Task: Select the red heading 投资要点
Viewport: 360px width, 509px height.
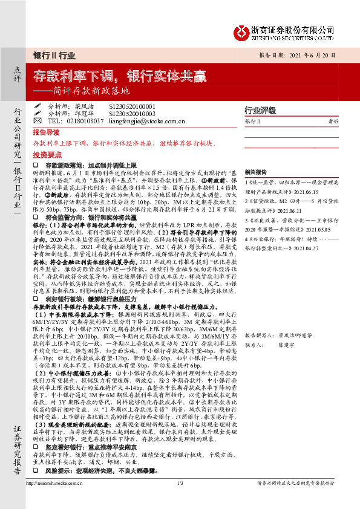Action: (46, 155)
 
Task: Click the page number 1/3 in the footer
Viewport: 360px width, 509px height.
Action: (180, 499)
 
